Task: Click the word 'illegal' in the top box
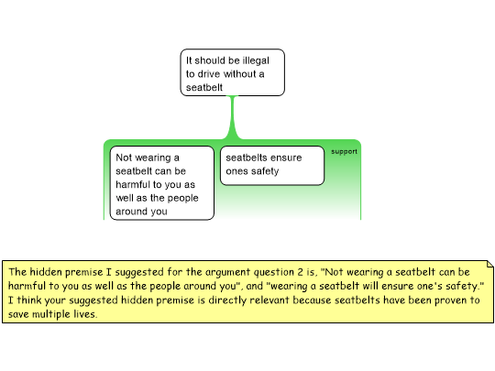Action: [256, 60]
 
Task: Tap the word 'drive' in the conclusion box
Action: [209, 74]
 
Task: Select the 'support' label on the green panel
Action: [344, 152]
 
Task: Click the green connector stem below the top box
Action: [234, 116]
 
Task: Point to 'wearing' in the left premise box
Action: [154, 158]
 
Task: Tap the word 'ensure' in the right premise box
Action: [286, 158]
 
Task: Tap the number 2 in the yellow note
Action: [301, 272]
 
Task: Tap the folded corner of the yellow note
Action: [490, 264]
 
